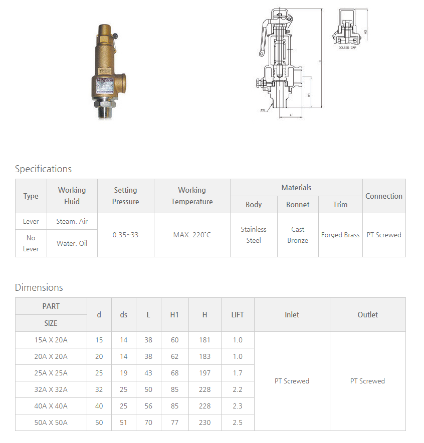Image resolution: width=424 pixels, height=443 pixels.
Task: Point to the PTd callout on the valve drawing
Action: [263, 110]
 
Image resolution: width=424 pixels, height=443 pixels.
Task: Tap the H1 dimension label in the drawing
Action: [309, 94]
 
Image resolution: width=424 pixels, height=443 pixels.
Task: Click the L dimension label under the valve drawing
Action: [291, 115]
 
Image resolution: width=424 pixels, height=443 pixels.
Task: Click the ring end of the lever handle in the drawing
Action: [261, 53]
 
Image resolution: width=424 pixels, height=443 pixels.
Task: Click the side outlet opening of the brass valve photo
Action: [122, 81]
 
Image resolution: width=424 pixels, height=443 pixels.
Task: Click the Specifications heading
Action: [43, 169]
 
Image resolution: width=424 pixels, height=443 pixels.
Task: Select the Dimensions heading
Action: [39, 287]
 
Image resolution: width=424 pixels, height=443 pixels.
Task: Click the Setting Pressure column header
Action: [125, 196]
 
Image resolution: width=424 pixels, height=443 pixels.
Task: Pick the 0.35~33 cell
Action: [125, 235]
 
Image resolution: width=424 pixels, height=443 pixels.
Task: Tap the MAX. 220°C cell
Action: [192, 235]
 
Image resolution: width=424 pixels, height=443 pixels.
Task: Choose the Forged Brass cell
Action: [340, 235]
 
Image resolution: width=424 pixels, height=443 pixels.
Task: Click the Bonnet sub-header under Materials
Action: [298, 204]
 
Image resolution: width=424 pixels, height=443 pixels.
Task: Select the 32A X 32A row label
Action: [51, 389]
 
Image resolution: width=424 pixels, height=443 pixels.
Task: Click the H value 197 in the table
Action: [204, 373]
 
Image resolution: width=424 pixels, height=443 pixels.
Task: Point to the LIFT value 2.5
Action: [238, 422]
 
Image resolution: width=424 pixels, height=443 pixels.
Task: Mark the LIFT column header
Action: [238, 314]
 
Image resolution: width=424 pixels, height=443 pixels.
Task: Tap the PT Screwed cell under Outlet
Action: [367, 381]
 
